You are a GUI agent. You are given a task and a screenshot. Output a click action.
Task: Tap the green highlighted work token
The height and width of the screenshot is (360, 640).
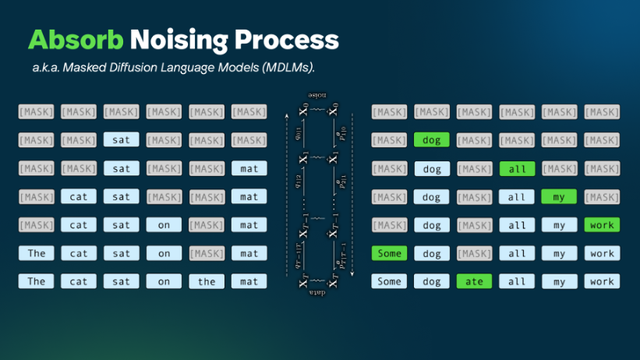pos(602,225)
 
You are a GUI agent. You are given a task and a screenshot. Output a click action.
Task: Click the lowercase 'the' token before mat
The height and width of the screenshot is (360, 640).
pos(206,281)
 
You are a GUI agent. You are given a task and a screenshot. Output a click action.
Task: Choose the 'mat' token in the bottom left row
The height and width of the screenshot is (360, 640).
pos(249,281)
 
